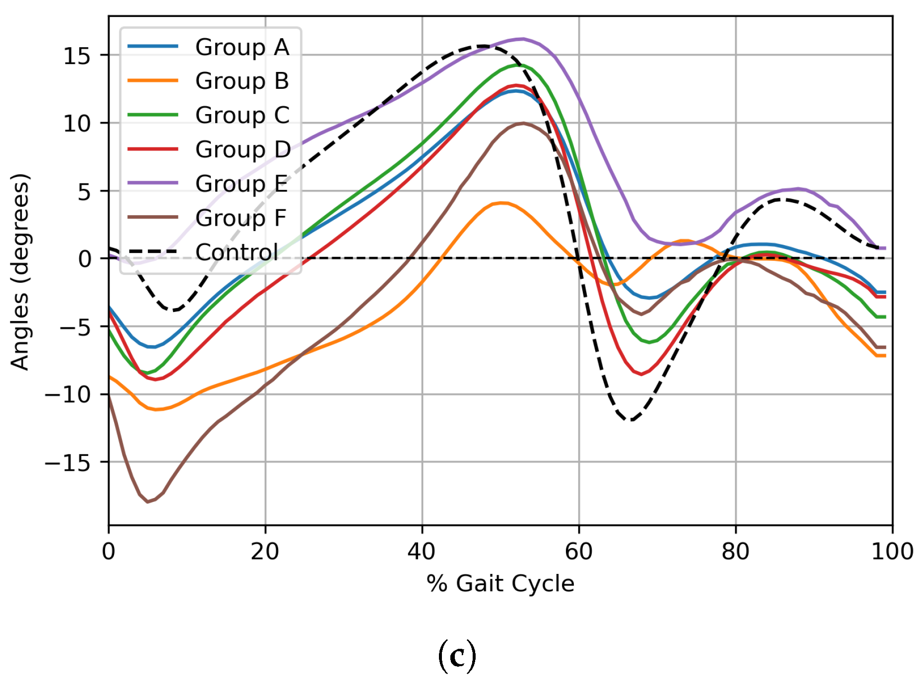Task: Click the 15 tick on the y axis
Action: [77, 56]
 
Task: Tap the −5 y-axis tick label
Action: [75, 327]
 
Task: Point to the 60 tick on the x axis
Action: [579, 552]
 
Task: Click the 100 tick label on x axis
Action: [892, 552]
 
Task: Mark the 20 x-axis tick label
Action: [265, 552]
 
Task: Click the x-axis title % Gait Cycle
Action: [500, 583]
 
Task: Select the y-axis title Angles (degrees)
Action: [20, 271]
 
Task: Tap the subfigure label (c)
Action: [457, 656]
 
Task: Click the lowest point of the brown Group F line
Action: [148, 502]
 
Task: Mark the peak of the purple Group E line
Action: [522, 39]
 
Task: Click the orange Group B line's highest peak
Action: [502, 202]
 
